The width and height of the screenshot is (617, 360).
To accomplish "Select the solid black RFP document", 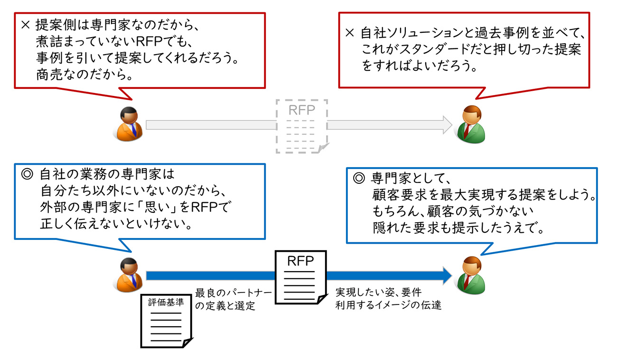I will pos(301,277).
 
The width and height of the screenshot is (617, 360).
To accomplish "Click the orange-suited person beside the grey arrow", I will pos(128,124).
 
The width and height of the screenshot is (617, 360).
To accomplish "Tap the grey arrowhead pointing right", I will pos(446,124).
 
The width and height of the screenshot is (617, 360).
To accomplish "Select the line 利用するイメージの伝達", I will pos(389,305).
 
